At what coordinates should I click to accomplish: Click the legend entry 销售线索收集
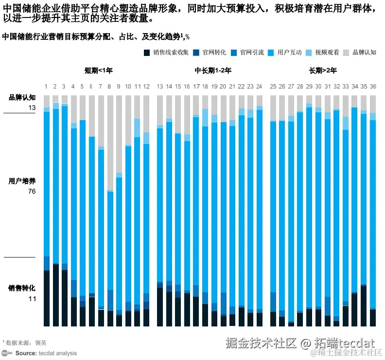click(171, 53)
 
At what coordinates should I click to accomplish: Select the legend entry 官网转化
click(214, 53)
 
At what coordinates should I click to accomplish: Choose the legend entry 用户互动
click(289, 53)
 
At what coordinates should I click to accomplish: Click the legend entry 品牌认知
click(364, 53)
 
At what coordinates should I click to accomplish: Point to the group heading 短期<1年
click(98, 71)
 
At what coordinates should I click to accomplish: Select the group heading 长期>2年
click(323, 71)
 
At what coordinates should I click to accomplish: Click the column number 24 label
click(259, 87)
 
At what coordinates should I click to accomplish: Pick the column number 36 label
click(372, 87)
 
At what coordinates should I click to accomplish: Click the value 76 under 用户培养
click(32, 191)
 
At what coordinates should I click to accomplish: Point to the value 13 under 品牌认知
click(32, 108)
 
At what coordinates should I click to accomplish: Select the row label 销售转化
click(22, 288)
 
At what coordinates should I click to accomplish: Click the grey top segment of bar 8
click(110, 141)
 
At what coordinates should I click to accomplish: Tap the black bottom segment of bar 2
click(56, 294)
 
